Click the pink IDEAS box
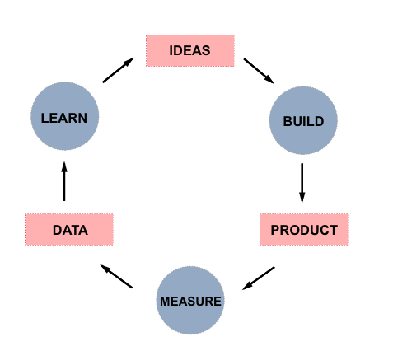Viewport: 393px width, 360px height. click(x=190, y=50)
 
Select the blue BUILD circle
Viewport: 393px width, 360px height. click(x=303, y=120)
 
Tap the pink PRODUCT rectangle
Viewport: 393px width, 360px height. click(x=304, y=230)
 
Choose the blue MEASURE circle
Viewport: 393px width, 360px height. click(x=190, y=300)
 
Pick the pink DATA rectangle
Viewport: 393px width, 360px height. click(x=69, y=230)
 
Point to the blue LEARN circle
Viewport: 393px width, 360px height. click(x=65, y=116)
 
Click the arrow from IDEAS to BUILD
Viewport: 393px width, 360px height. click(x=259, y=71)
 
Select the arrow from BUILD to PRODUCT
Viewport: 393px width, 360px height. click(x=302, y=183)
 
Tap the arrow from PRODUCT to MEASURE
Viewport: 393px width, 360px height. click(x=259, y=278)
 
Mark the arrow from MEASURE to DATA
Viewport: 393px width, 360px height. click(x=116, y=276)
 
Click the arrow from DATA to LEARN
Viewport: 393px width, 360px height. click(x=64, y=181)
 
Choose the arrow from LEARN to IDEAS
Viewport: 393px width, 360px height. click(x=118, y=70)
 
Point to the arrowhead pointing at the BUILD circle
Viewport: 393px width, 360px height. click(x=269, y=80)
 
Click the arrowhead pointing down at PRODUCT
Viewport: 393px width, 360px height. click(x=302, y=198)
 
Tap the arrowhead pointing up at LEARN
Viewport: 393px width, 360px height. click(x=64, y=167)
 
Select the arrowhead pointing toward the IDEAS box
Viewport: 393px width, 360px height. click(x=129, y=62)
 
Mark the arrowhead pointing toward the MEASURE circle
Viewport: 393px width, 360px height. click(x=247, y=286)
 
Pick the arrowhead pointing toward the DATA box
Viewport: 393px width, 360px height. click(x=105, y=268)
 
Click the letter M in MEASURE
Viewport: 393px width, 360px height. click(x=165, y=302)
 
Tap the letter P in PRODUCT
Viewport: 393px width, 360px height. click(x=275, y=230)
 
